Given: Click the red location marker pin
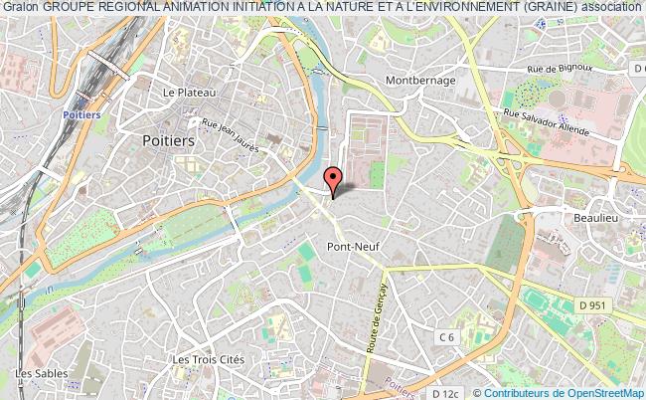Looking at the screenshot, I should tap(335, 179).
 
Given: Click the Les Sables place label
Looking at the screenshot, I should tap(34, 374).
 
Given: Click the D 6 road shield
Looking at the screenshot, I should tap(637, 68).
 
